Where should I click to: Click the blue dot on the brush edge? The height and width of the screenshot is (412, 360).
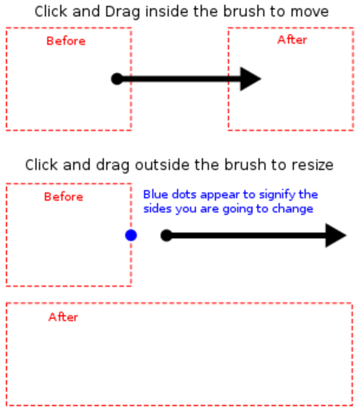[131, 236]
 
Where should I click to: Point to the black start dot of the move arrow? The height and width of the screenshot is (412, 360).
[117, 79]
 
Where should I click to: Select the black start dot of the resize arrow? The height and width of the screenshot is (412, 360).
[166, 236]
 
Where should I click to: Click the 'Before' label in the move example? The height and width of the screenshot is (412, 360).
[66, 41]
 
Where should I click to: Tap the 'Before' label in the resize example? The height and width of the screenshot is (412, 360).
[64, 197]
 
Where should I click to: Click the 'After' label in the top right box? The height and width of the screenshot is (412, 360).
[292, 40]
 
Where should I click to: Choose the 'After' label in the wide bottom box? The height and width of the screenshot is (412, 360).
[63, 317]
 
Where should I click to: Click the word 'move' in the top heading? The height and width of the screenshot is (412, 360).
[310, 12]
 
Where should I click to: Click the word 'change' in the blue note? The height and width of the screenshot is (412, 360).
[294, 209]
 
